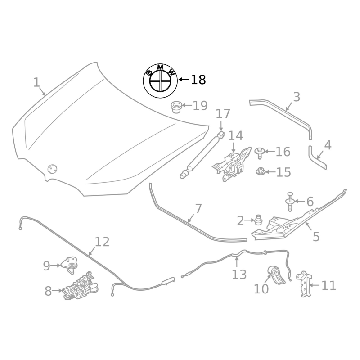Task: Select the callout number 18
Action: tap(198, 80)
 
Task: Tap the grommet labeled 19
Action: tap(176, 108)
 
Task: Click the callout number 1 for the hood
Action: tap(36, 82)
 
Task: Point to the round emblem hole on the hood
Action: tap(53, 169)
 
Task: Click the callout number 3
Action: tap(296, 97)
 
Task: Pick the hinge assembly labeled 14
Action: tap(231, 164)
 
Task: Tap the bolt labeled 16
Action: tap(260, 153)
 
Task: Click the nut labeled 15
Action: tap(260, 171)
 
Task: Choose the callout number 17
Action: tap(223, 114)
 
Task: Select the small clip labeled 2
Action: tap(258, 220)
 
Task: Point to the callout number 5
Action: tap(316, 236)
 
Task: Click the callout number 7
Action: tap(198, 209)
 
